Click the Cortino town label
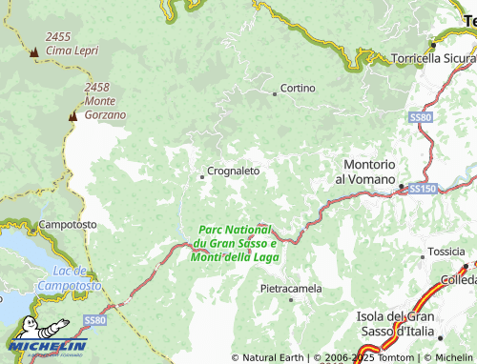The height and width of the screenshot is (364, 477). click(299, 89)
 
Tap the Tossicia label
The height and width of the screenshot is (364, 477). click(446, 252)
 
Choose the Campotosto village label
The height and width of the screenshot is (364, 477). click(68, 225)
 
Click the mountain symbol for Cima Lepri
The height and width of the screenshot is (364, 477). click(34, 51)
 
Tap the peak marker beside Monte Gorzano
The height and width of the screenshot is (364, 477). click(72, 115)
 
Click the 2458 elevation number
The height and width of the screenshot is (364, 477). click(98, 87)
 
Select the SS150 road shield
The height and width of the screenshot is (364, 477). click(422, 191)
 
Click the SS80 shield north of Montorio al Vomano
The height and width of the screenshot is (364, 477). click(420, 117)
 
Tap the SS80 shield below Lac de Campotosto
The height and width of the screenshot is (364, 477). click(93, 320)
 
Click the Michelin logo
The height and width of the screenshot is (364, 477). click(48, 342)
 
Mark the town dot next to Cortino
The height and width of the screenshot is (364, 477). click(275, 93)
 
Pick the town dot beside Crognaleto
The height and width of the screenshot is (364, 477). click(201, 176)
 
